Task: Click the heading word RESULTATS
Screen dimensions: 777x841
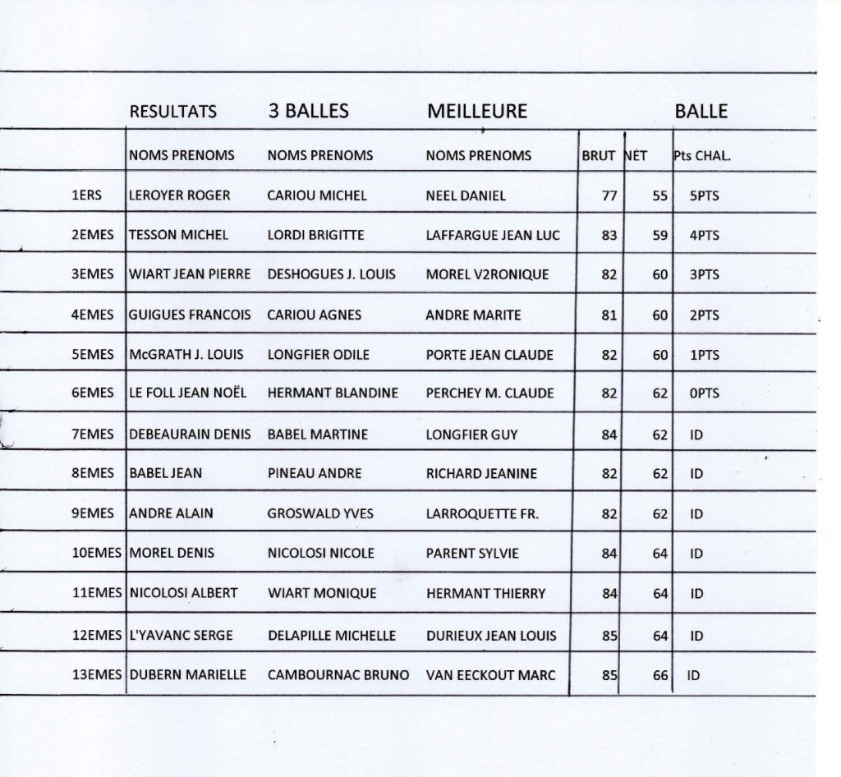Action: (x=173, y=113)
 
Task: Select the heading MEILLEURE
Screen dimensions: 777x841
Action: (x=477, y=113)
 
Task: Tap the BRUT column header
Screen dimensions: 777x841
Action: (x=599, y=155)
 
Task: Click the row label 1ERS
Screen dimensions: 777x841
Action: (x=87, y=195)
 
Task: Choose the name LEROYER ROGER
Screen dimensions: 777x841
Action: (x=180, y=195)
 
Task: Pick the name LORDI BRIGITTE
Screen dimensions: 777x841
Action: (x=315, y=235)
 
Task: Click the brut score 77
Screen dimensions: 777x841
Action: (x=608, y=195)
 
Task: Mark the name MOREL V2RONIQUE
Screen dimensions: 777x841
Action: (x=488, y=274)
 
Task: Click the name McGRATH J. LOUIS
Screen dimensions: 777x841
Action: (x=182, y=355)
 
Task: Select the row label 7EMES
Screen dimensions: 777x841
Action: (x=93, y=434)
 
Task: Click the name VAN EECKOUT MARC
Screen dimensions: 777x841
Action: (x=491, y=675)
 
